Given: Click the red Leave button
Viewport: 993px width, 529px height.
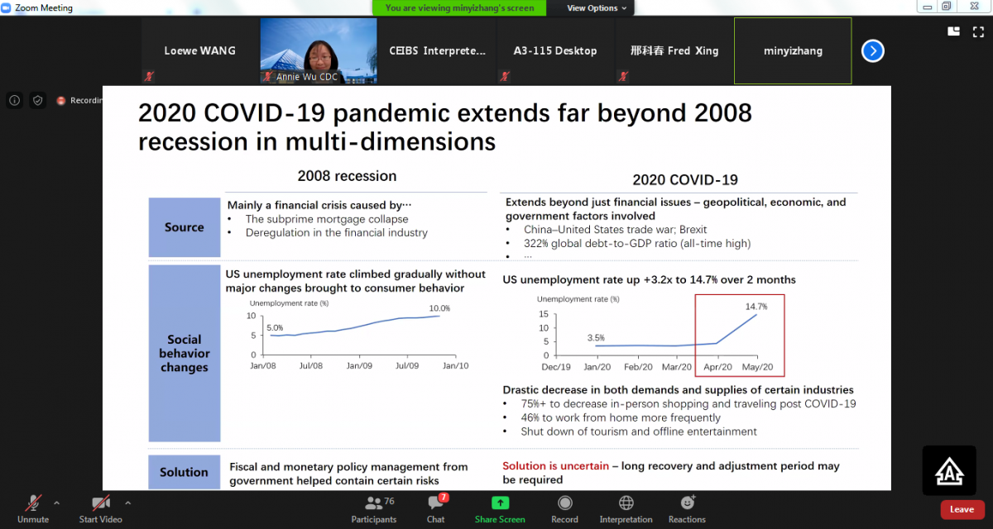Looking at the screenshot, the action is click(x=962, y=509).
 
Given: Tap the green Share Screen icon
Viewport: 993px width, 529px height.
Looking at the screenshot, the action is click(x=500, y=503).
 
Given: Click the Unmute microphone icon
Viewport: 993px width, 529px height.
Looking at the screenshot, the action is click(x=33, y=503).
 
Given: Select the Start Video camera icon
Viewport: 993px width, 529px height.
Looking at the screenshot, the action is click(x=101, y=503).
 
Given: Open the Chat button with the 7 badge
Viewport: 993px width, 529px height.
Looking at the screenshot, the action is click(x=436, y=503).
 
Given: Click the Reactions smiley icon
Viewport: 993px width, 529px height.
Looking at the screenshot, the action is click(x=687, y=503).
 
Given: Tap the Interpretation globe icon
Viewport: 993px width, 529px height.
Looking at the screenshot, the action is click(x=626, y=503).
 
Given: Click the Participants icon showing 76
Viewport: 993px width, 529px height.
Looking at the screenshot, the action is click(x=374, y=503).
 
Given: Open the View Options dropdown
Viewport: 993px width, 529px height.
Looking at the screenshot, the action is click(x=597, y=8).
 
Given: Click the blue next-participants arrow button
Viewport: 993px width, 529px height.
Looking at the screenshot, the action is click(x=872, y=51).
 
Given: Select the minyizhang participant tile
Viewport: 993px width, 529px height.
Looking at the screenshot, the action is click(x=793, y=50).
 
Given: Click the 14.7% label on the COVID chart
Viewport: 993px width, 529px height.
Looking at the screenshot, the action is click(x=756, y=307).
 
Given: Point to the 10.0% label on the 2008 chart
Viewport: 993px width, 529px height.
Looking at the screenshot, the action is click(x=439, y=308).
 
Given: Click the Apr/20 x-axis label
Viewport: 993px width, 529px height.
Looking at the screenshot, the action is click(x=717, y=367).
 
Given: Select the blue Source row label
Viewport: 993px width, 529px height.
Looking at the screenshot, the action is click(x=185, y=227).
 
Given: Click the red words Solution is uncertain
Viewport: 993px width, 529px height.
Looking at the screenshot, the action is click(x=555, y=465).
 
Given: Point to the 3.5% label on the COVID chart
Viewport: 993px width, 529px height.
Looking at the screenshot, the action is click(x=596, y=338).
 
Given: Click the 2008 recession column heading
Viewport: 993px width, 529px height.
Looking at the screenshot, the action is click(x=347, y=176).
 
